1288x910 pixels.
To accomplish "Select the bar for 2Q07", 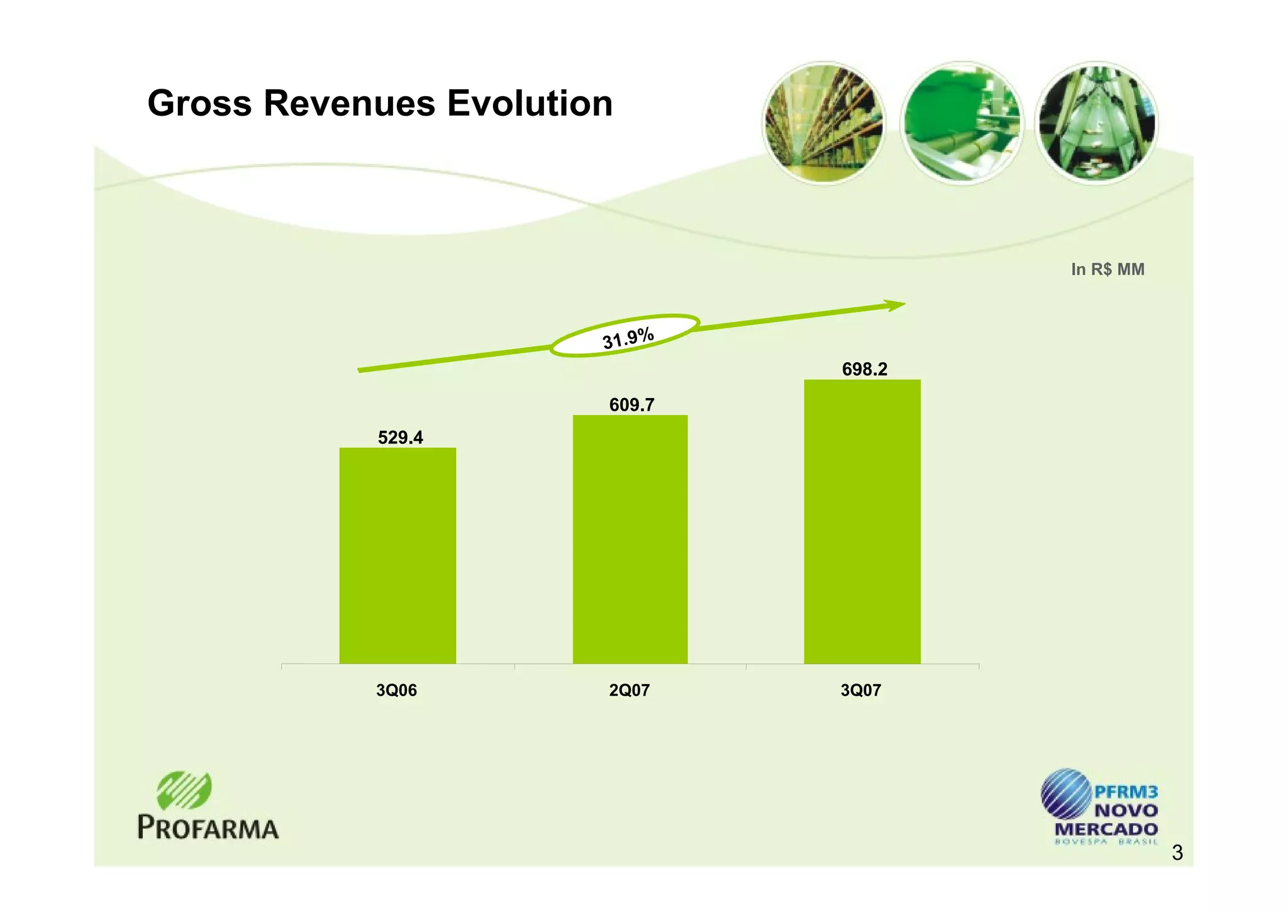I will click(x=630, y=539).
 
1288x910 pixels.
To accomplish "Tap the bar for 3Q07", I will click(x=862, y=521).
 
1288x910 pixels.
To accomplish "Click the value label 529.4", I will click(x=400, y=437).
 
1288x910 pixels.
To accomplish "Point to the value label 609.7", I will click(x=631, y=404).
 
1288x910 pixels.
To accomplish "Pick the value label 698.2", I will click(x=864, y=369).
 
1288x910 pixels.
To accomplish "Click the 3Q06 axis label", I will click(x=396, y=691).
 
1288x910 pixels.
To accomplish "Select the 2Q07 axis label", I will click(x=629, y=691).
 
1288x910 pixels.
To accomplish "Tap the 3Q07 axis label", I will click(x=860, y=691).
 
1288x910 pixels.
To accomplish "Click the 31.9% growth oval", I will click(x=625, y=336).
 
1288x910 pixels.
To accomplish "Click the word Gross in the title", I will click(x=199, y=103).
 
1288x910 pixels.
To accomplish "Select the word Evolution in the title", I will click(x=530, y=103).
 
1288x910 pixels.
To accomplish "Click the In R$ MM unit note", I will click(x=1108, y=269).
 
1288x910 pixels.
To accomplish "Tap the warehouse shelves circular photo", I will click(x=823, y=123).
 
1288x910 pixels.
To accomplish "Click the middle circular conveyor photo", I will click(x=962, y=123).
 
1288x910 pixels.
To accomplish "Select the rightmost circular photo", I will click(x=1097, y=123).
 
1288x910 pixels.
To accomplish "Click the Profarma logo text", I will click(x=208, y=828).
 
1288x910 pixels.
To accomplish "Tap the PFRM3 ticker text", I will click(x=1126, y=792).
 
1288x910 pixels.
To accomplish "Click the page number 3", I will click(x=1177, y=853).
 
